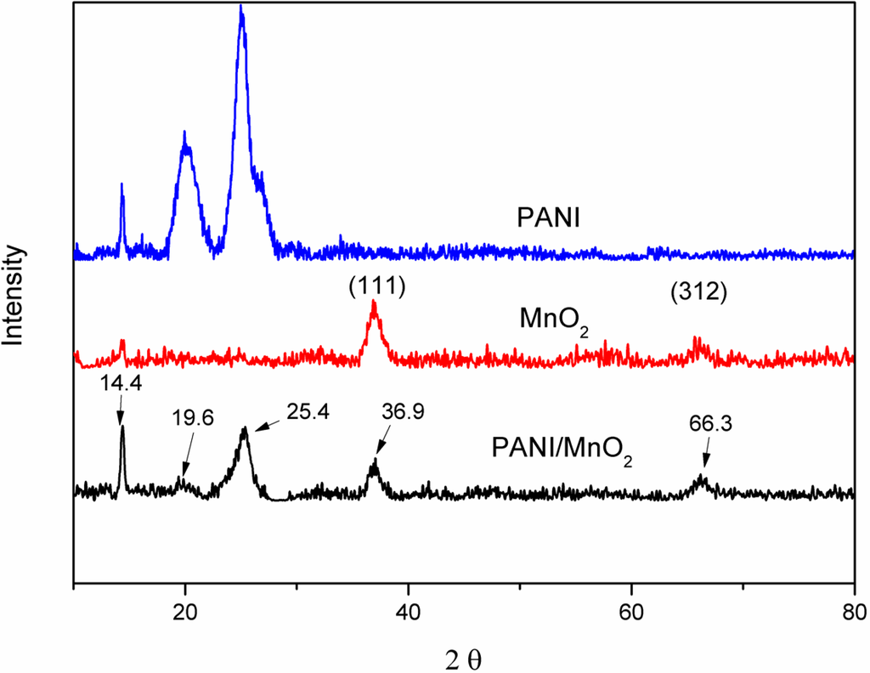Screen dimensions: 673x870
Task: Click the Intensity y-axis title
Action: [x=14, y=294]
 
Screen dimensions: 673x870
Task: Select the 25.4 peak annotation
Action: [x=308, y=413]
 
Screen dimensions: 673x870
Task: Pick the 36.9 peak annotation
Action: [x=404, y=412]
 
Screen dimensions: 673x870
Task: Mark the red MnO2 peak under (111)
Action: [x=374, y=304]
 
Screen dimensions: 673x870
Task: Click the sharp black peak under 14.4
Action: [x=122, y=428]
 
